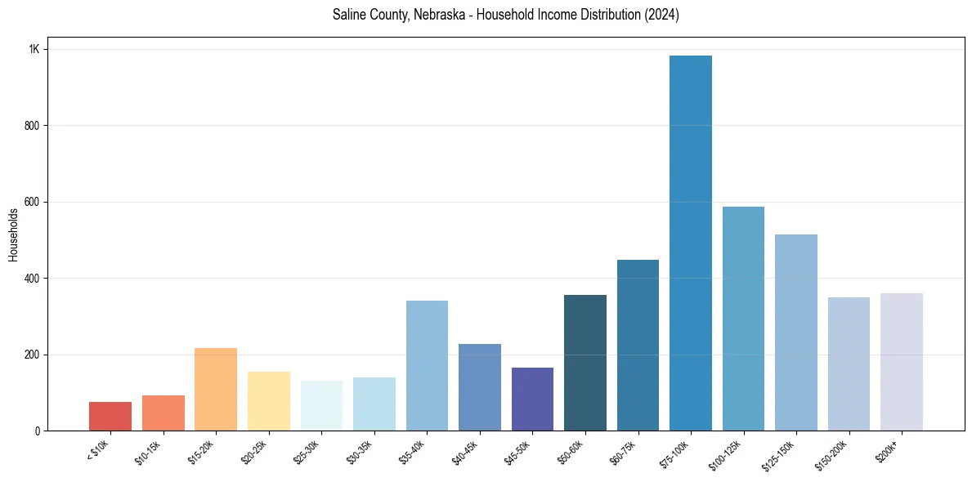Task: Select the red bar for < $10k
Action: pos(110,417)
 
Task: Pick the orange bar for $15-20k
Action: pos(216,390)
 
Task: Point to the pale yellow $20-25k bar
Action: pos(269,401)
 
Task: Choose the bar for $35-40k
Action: pos(427,366)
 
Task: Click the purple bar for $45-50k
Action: pos(532,399)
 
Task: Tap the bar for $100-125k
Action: pos(743,319)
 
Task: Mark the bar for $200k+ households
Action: pos(902,362)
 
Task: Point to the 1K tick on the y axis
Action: pos(34,49)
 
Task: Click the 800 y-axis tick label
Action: pos(33,126)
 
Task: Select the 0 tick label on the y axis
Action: pos(38,431)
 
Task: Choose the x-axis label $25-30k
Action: pos(307,452)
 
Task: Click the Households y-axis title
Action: pos(14,234)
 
